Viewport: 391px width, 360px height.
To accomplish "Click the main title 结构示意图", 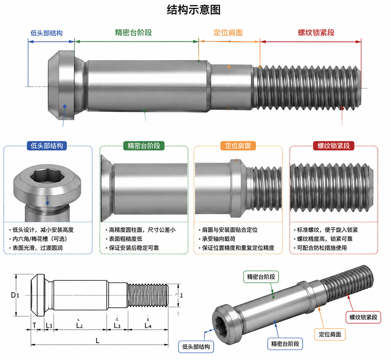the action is coord(193,10).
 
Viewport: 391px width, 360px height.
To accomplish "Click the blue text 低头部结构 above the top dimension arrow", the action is coord(46,33).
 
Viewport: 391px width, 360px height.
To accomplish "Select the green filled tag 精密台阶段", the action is coord(144,146).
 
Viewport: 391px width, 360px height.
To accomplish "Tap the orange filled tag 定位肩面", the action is coord(238,146).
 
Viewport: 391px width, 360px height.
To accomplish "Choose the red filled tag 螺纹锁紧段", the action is coord(334,146).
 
